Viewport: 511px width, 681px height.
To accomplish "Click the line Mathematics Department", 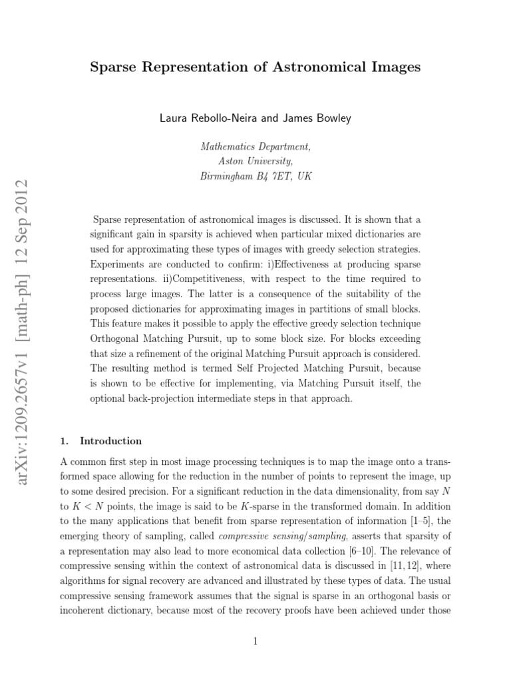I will click(x=255, y=147).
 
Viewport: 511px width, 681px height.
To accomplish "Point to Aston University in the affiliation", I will click(x=255, y=162).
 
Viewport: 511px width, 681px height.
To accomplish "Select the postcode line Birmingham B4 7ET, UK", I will click(x=255, y=176).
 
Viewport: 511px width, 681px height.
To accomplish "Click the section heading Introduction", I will click(x=110, y=441).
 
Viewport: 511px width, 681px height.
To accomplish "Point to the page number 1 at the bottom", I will click(x=255, y=641).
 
